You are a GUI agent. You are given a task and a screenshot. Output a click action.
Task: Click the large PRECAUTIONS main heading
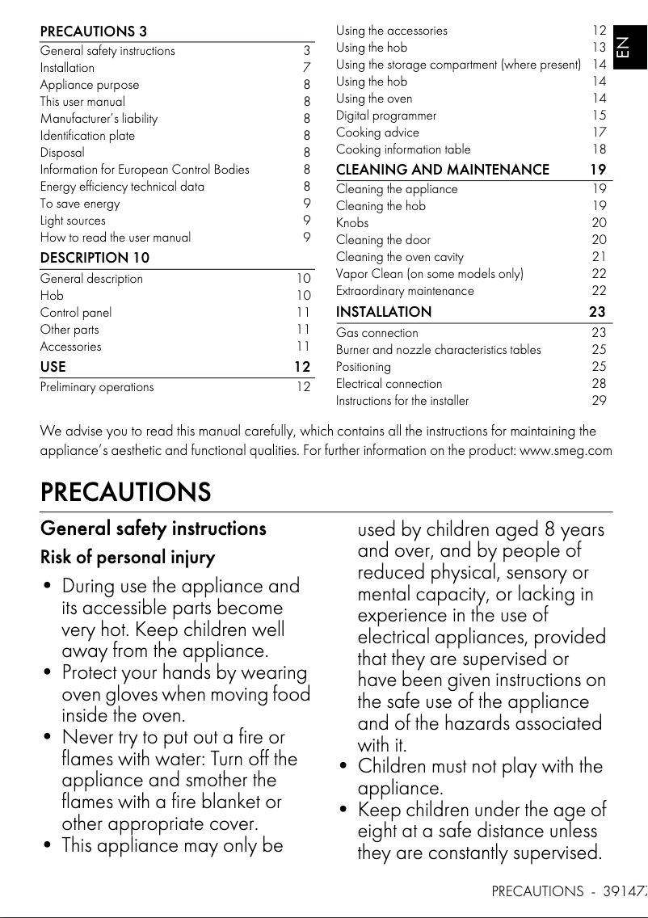tap(125, 491)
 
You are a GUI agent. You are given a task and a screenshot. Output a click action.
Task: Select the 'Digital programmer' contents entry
tap(386, 116)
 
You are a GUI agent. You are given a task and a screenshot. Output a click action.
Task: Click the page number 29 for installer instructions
tap(599, 401)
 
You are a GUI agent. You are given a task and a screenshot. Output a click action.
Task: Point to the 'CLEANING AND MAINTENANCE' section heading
tap(442, 170)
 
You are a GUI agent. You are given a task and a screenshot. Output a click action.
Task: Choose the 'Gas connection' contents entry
tap(377, 333)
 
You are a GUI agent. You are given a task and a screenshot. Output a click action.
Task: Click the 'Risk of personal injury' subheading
tap(128, 558)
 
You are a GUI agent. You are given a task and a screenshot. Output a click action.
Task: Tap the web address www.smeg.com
tap(566, 450)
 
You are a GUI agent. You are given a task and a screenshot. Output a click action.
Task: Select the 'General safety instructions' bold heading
tap(153, 528)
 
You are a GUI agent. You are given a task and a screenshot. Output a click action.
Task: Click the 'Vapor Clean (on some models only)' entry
tap(430, 274)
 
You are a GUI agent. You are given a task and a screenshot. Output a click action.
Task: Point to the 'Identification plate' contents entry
tap(87, 136)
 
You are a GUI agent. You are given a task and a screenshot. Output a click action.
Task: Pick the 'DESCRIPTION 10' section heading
tap(95, 258)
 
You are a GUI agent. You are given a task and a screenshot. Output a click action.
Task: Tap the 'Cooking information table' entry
tap(403, 149)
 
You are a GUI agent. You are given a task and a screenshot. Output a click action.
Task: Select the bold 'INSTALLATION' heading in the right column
tap(384, 312)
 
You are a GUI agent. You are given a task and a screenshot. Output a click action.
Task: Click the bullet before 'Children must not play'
tap(344, 767)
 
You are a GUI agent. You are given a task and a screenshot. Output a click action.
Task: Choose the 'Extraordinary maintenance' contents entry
tap(405, 291)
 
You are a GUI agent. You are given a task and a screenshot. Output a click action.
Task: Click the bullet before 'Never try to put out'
tap(48, 738)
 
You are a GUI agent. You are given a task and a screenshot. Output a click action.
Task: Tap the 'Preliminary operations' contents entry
tap(97, 387)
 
